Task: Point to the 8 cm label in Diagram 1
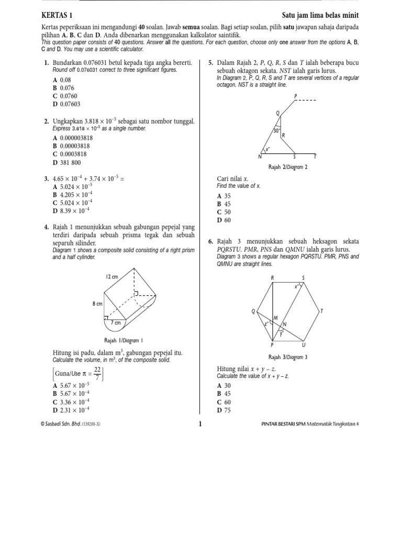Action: [x=97, y=304]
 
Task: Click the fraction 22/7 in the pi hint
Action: [x=97, y=373]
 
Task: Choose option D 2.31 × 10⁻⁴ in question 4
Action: [x=72, y=409]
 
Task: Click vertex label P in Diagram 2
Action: [x=296, y=96]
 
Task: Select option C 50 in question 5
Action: [x=224, y=212]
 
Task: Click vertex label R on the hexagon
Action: [x=272, y=278]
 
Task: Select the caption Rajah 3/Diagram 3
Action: [x=287, y=357]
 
